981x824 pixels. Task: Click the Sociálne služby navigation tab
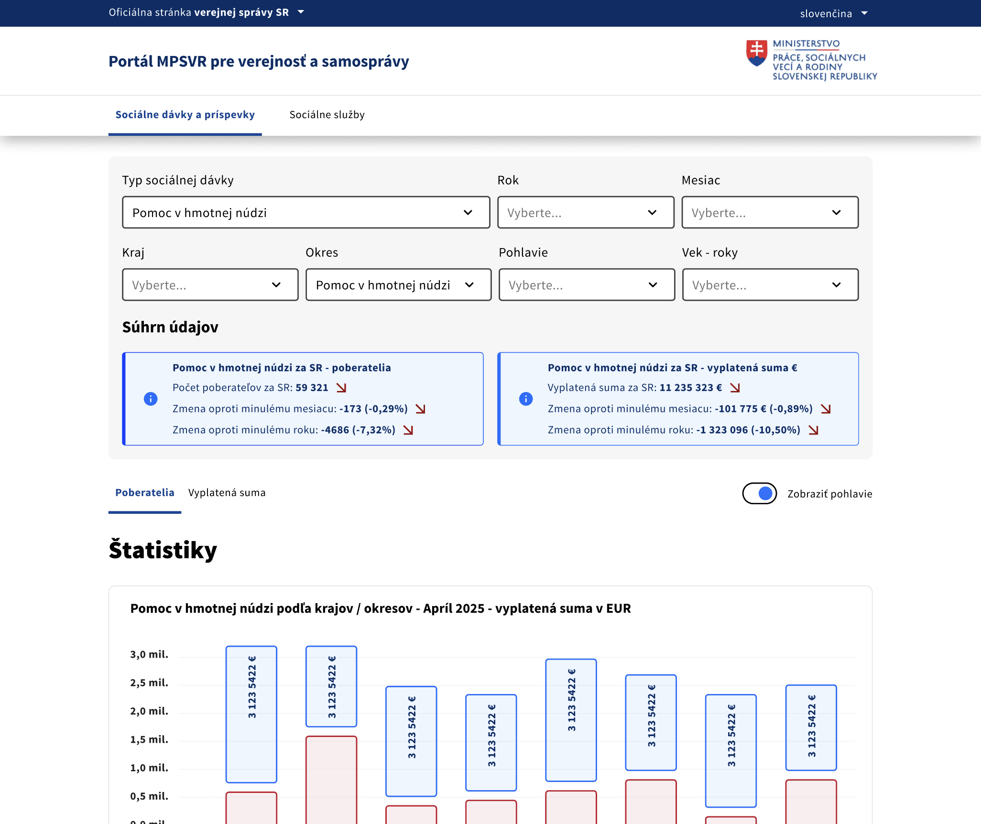click(327, 115)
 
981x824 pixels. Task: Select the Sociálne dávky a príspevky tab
click(185, 115)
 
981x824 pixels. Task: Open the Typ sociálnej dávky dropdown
click(306, 212)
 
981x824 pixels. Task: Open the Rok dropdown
click(586, 212)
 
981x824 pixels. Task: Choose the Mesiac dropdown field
click(770, 212)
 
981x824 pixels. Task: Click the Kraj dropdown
click(210, 285)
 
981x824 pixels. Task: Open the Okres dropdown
click(398, 285)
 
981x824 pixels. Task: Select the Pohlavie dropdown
click(587, 285)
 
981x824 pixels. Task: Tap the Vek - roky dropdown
click(770, 285)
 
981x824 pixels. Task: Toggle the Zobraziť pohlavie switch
click(759, 493)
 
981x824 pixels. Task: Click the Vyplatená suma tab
click(227, 493)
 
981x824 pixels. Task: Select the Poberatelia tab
click(144, 493)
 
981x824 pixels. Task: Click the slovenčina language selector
click(833, 13)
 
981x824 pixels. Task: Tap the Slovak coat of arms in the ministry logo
click(757, 53)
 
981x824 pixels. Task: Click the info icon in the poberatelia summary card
click(151, 399)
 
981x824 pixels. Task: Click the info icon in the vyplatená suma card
click(526, 399)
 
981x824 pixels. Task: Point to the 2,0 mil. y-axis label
click(149, 711)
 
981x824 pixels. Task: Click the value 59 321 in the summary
click(312, 388)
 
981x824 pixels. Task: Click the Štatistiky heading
click(163, 550)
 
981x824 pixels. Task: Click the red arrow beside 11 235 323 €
click(735, 388)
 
